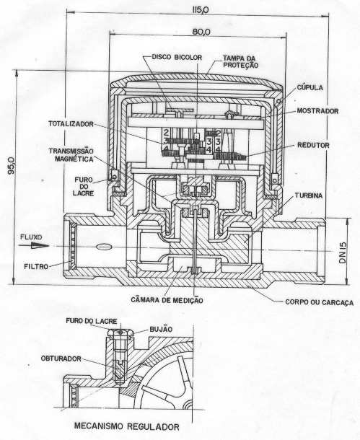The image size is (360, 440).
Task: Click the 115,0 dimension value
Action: click(x=201, y=10)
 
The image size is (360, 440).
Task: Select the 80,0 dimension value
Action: click(x=201, y=32)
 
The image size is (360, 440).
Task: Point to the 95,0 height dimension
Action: click(x=12, y=166)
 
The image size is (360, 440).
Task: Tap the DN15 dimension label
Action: click(x=343, y=253)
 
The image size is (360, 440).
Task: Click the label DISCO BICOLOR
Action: click(x=177, y=57)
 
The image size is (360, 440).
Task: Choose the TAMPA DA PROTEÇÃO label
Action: click(x=240, y=62)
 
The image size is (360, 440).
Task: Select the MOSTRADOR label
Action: click(x=317, y=111)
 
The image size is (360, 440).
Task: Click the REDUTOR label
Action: click(x=313, y=146)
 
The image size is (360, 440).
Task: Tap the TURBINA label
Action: click(x=308, y=196)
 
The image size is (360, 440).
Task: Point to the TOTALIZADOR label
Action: click(x=71, y=124)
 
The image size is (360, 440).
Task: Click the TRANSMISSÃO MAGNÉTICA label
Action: click(x=71, y=155)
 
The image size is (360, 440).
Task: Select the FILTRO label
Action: click(x=36, y=266)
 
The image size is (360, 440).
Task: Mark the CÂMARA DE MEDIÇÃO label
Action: click(x=167, y=300)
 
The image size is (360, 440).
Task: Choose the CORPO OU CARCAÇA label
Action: click(x=320, y=302)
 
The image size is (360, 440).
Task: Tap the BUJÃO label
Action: click(x=161, y=329)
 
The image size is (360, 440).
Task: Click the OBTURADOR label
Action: click(x=61, y=358)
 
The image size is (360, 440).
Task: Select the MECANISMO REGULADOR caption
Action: click(x=127, y=426)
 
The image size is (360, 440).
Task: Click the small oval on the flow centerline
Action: click(x=102, y=247)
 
